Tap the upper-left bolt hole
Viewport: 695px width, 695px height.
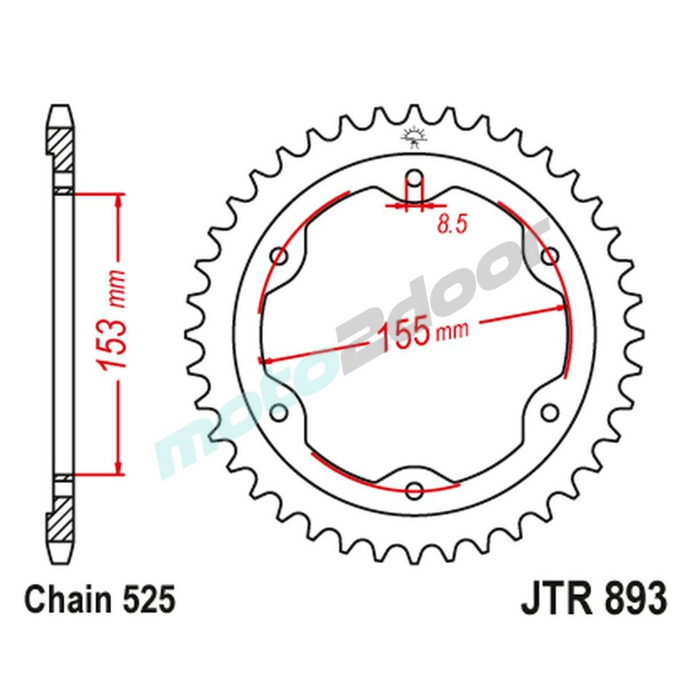click(280, 257)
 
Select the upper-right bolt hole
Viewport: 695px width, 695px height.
click(550, 255)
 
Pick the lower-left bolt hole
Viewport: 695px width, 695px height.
click(279, 413)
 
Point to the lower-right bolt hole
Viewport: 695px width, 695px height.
click(550, 411)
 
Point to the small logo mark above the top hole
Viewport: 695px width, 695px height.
click(414, 136)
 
